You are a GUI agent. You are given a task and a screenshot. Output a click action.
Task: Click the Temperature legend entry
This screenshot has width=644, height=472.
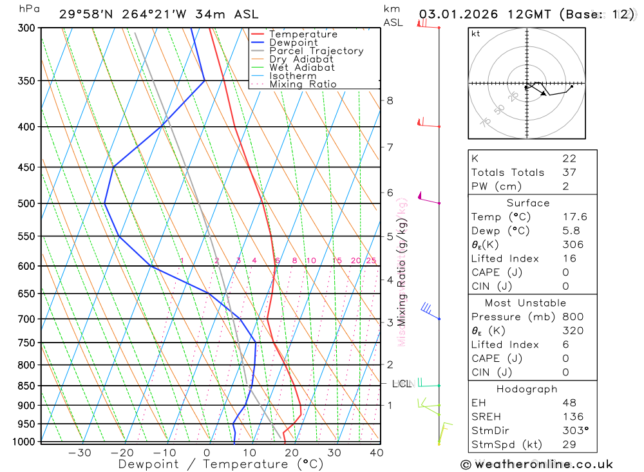pos(303,34)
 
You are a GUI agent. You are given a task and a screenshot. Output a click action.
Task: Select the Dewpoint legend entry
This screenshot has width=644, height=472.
pos(293,42)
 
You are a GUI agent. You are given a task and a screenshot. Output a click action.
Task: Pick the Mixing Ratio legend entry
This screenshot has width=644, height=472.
pos(303,84)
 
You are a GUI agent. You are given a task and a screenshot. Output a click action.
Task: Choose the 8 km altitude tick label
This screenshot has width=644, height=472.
pos(390,100)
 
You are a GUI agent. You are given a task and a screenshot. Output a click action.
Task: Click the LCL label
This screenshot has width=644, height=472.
pos(401,384)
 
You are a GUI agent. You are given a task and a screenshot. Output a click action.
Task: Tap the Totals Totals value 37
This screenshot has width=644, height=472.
pos(569,172)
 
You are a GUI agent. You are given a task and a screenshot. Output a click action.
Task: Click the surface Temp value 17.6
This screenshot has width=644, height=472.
pos(574,217)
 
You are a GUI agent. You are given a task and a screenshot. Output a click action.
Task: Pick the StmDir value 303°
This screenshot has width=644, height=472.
pos(575,431)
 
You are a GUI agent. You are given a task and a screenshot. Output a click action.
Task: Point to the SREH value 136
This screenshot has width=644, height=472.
pos(572,417)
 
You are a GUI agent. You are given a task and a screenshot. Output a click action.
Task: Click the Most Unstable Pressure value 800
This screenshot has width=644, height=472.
pos(573,317)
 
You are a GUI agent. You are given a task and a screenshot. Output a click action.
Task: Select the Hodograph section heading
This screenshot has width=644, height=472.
pos(527,389)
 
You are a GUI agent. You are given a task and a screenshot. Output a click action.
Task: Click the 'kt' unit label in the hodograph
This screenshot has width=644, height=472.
pos(476,33)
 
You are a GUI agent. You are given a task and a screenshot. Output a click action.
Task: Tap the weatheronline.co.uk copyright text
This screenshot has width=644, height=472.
pos(536,464)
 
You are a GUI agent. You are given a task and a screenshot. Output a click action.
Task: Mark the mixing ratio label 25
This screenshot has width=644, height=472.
pos(371,261)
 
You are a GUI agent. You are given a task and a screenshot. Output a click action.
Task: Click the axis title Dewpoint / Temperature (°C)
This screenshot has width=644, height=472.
pos(221,464)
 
